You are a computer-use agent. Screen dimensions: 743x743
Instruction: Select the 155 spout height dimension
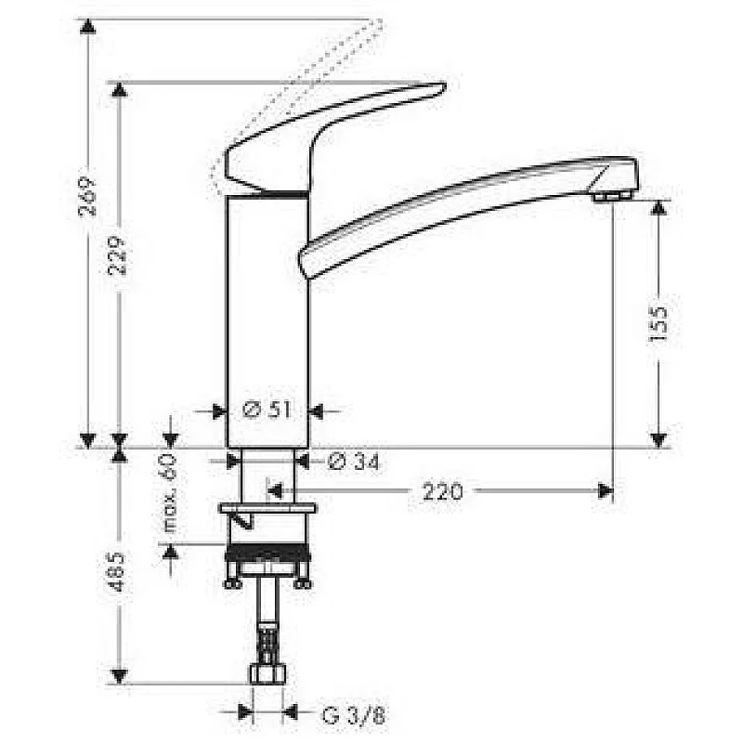[658, 322]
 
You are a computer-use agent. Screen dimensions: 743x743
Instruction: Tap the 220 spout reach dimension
[443, 490]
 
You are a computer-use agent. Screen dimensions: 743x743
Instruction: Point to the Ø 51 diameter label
[267, 410]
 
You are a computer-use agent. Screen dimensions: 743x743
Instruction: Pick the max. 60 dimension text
[170, 497]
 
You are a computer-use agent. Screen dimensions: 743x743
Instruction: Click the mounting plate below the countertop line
[267, 509]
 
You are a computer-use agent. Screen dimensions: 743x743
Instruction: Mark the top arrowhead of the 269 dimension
[87, 26]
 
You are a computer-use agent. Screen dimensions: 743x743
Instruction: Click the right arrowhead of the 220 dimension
[606, 490]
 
